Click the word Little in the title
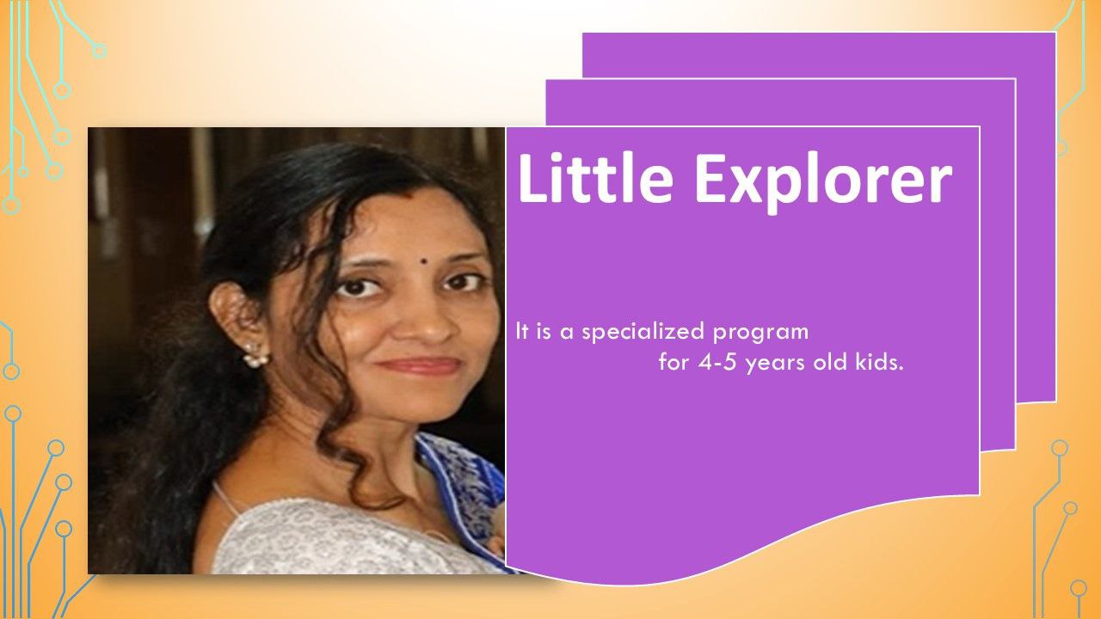[595, 177]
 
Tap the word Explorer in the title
[823, 182]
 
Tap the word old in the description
[830, 363]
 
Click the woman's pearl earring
[256, 355]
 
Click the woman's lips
[419, 366]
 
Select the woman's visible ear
[235, 315]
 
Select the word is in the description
[541, 332]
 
